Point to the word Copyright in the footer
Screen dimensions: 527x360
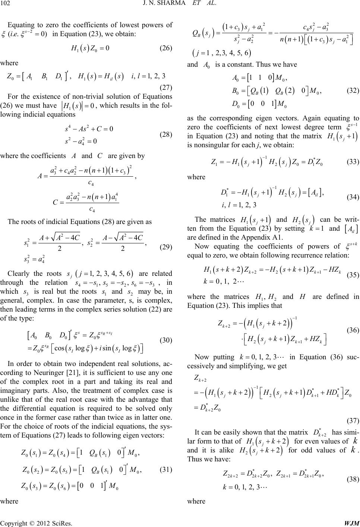(13, 523)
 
